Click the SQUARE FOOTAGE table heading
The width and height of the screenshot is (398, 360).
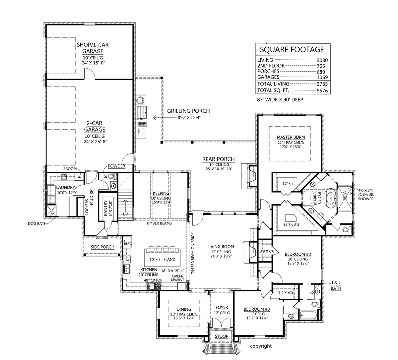pos(292,50)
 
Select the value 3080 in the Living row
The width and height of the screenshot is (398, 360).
pos(322,60)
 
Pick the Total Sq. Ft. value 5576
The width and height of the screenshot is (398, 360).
pos(322,90)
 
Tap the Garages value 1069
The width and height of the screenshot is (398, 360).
pos(322,77)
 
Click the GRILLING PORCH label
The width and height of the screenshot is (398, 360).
pos(188,111)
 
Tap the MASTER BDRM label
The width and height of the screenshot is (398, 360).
pos(291,137)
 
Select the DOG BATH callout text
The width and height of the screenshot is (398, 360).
pos(37,224)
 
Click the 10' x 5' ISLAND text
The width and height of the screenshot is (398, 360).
pos(163,260)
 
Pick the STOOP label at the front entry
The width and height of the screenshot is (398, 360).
pos(222,336)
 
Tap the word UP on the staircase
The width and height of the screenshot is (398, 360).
pos(125,214)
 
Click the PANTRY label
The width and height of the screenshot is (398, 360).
pos(105,208)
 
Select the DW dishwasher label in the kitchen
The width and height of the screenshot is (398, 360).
pos(127,260)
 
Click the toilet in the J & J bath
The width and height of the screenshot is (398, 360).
pos(315,304)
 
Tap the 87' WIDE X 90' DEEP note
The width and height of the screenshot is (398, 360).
pos(280,99)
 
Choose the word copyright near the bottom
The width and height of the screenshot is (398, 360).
pos(261,346)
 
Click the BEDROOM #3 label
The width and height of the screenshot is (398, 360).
pos(257,309)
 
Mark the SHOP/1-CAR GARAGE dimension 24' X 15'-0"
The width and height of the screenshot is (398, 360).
pos(93,63)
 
